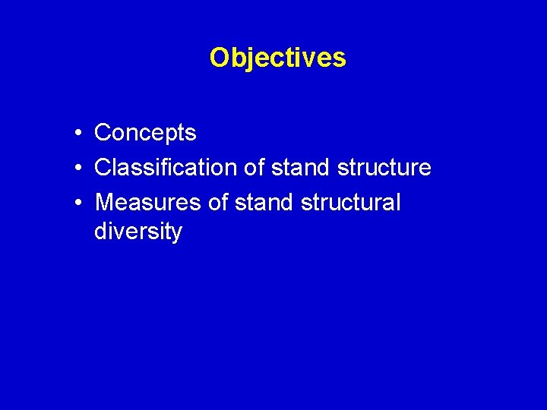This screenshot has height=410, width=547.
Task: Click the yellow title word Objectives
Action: (277, 58)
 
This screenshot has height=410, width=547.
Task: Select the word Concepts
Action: (145, 133)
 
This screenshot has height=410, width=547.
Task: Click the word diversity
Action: (138, 231)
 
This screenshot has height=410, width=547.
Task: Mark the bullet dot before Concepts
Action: (78, 134)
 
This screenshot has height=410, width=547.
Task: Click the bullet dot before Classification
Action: (78, 168)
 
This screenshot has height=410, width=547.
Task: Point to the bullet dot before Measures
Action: (78, 203)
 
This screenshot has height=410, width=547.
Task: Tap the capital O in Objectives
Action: (220, 58)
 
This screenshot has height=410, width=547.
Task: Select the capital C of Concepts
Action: (103, 133)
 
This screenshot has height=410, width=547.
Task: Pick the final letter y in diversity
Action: (177, 232)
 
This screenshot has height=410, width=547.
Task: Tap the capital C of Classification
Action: (103, 167)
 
